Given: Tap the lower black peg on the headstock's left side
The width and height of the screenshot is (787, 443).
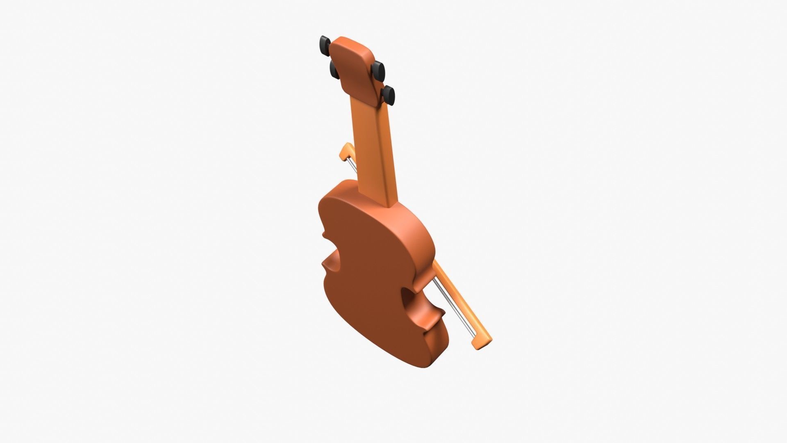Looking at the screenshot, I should coord(334,70).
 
